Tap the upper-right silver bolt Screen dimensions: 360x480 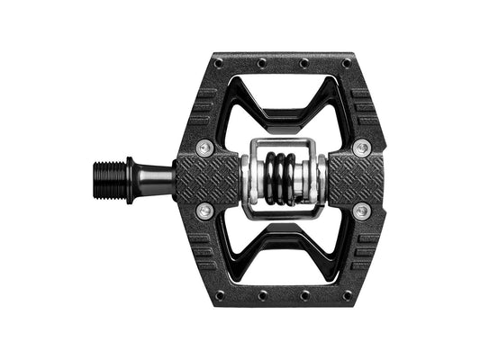point(362,147)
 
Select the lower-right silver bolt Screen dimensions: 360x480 point(362,210)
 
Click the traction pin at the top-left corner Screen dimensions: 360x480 point(218,62)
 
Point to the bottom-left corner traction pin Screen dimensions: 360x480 point(218,294)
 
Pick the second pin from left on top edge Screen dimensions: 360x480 point(261,63)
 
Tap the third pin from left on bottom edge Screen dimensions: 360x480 point(303,294)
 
